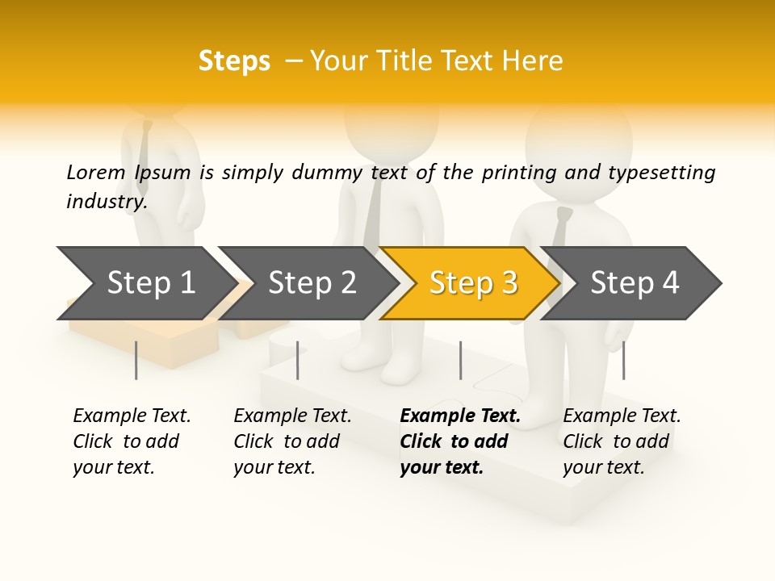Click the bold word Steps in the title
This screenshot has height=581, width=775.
point(234,61)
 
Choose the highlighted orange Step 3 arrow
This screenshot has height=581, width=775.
point(473,282)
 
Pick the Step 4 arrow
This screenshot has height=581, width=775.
point(635,282)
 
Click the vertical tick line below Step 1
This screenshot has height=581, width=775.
point(136,360)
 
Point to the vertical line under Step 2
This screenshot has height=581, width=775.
point(298,360)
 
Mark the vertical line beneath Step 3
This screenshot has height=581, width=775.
point(460,360)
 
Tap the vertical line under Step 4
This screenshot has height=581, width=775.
point(623,360)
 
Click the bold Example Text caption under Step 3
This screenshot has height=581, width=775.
point(459,441)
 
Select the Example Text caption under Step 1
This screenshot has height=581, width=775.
point(132,441)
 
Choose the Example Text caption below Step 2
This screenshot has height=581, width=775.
point(292,441)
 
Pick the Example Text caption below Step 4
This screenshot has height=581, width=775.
point(622,441)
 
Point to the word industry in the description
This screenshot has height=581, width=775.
point(107,202)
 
